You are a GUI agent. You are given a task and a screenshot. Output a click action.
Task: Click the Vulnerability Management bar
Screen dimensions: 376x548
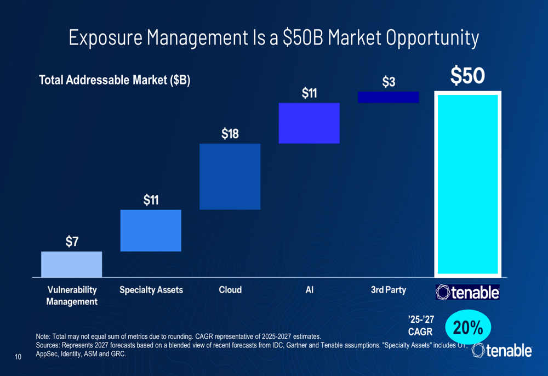tap(71, 264)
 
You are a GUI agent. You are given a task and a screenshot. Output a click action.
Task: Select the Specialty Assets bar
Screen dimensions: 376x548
tap(151, 231)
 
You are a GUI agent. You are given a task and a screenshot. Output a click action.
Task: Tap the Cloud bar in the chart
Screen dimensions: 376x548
tap(230, 176)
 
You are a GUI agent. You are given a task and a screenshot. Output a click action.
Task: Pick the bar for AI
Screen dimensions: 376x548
tap(309, 123)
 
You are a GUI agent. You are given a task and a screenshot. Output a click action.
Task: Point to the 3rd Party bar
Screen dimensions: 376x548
tap(388, 97)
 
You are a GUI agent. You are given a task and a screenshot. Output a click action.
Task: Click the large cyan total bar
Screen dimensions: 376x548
tap(467, 184)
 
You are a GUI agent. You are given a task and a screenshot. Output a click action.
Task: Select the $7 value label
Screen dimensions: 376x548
tap(72, 242)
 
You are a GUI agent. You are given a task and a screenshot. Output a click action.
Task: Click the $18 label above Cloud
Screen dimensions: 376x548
tap(230, 134)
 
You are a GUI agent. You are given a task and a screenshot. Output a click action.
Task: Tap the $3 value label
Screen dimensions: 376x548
tap(389, 82)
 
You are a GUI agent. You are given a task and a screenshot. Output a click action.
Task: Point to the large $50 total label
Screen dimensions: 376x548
tap(467, 76)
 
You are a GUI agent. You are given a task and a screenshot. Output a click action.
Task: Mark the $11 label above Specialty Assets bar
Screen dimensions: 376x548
tap(151, 200)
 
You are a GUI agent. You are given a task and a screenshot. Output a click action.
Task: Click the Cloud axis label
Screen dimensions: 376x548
tap(230, 290)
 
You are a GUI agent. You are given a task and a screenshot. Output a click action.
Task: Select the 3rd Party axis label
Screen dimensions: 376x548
tap(388, 290)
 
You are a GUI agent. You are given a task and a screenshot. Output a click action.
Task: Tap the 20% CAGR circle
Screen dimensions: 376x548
tap(467, 328)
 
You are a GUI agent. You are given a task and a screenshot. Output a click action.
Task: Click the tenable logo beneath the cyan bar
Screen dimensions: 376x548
tap(467, 293)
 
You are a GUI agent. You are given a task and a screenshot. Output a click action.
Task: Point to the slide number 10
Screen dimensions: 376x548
tap(18, 358)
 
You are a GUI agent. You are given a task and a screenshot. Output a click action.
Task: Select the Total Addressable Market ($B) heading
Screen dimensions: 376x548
tap(115, 81)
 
